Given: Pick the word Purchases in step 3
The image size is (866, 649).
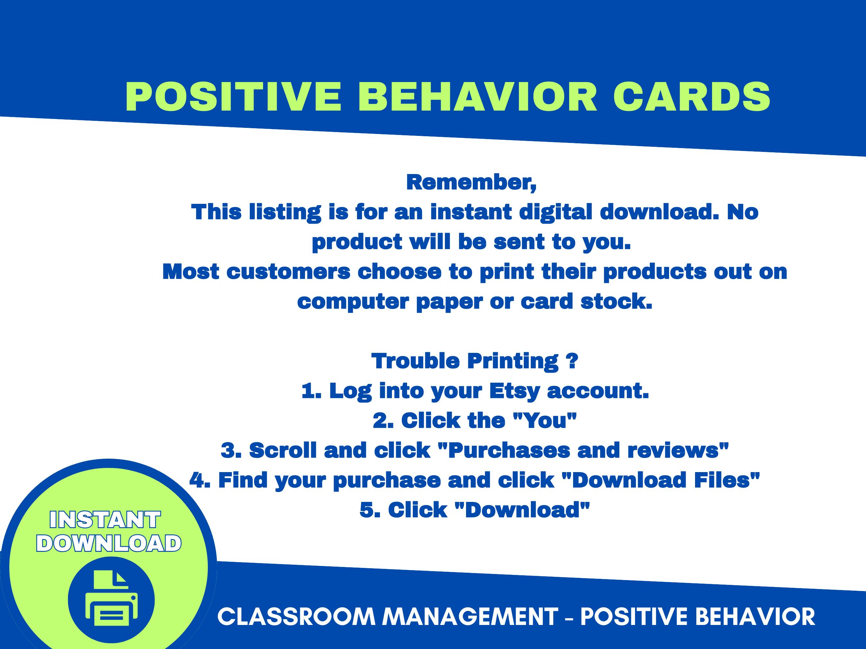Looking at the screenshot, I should click(x=509, y=450).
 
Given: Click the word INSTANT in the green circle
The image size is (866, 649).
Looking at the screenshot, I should click(x=105, y=520).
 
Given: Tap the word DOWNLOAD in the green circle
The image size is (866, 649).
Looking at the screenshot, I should click(x=109, y=544).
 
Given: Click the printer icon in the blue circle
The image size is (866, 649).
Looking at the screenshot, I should click(x=111, y=600).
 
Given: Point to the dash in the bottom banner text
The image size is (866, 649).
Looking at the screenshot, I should click(x=569, y=617).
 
